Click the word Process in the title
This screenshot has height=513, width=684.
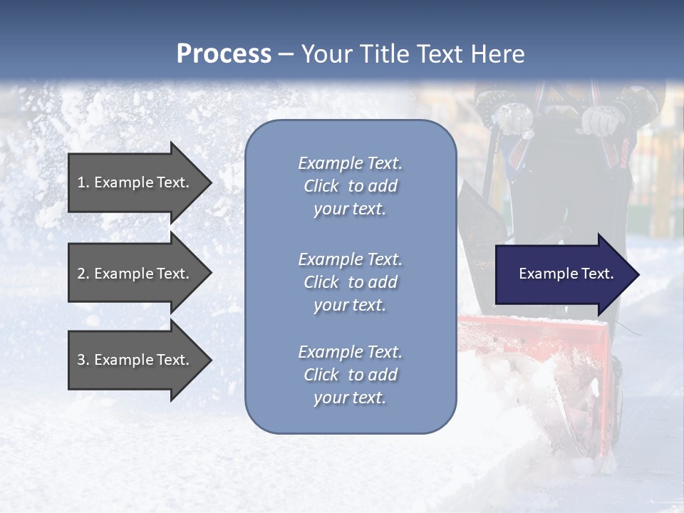[224, 54]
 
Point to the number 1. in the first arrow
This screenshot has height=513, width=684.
[83, 182]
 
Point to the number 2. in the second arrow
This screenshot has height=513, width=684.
[83, 274]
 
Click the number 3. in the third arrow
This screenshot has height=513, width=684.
[83, 360]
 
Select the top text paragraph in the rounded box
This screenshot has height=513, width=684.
[350, 186]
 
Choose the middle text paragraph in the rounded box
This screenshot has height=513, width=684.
[350, 282]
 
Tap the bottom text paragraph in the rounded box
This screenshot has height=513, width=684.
[350, 375]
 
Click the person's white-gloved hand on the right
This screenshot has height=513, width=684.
[600, 121]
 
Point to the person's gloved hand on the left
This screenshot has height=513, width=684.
[513, 118]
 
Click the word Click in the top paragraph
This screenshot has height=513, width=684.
[321, 186]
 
